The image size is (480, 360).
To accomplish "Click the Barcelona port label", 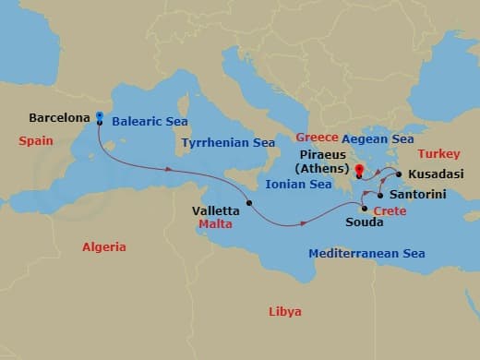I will pyautogui.click(x=59, y=118).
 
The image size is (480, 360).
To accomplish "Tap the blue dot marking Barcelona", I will pyautogui.click(x=99, y=117).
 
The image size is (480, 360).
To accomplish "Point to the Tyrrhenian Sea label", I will pyautogui.click(x=228, y=143).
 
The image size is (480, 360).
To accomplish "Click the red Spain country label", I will pyautogui.click(x=36, y=140).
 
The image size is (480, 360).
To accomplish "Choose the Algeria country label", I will pyautogui.click(x=103, y=246).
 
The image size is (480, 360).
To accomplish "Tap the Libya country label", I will pyautogui.click(x=284, y=311).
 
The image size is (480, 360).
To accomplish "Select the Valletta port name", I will pyautogui.click(x=215, y=210).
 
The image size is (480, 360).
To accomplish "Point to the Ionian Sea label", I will pyautogui.click(x=297, y=185).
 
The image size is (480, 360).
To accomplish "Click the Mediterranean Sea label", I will pyautogui.click(x=366, y=252).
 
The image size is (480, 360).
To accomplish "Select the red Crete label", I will pyautogui.click(x=389, y=210).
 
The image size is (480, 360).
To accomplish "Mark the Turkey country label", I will pyautogui.click(x=438, y=153).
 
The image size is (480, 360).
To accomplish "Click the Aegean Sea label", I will pyautogui.click(x=378, y=138).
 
